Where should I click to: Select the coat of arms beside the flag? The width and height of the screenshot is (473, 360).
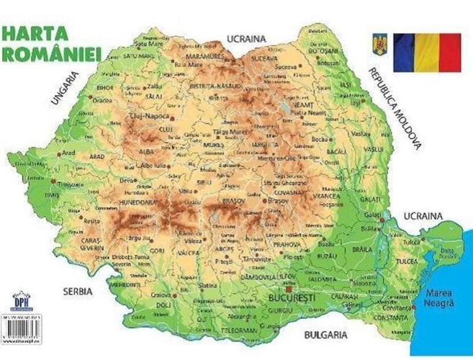(x=379, y=45)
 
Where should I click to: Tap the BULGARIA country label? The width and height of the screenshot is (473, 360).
(x=326, y=336)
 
